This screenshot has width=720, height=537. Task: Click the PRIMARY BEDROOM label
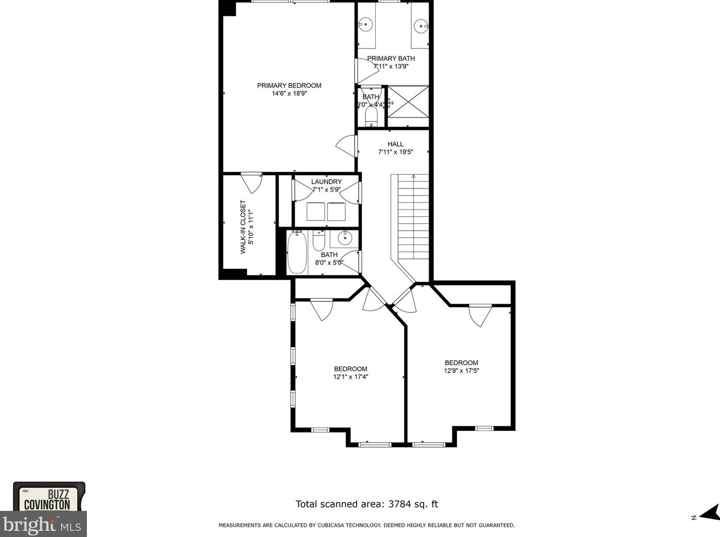coord(289,85)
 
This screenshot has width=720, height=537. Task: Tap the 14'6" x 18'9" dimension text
coord(289,94)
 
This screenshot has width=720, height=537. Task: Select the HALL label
coord(395,144)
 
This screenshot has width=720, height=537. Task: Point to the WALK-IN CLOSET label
coord(243,227)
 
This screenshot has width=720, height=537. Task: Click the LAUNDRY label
coord(326,182)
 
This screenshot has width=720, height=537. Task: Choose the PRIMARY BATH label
coord(391,58)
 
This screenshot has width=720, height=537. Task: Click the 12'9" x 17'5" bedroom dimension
coord(461,371)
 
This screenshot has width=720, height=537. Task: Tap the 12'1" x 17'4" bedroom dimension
coord(350,377)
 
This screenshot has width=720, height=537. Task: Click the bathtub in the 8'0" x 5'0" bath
coord(297,252)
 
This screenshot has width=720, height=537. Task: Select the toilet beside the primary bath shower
coord(371,117)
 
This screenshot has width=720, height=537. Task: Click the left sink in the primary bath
coord(365,24)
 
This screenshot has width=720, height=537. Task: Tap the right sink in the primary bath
coord(420,26)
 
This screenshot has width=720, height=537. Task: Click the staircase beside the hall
coord(413,217)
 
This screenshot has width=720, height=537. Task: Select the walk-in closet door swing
coord(252,183)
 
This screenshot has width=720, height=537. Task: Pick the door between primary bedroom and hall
coord(346,146)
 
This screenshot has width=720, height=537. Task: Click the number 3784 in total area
coord(399,504)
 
